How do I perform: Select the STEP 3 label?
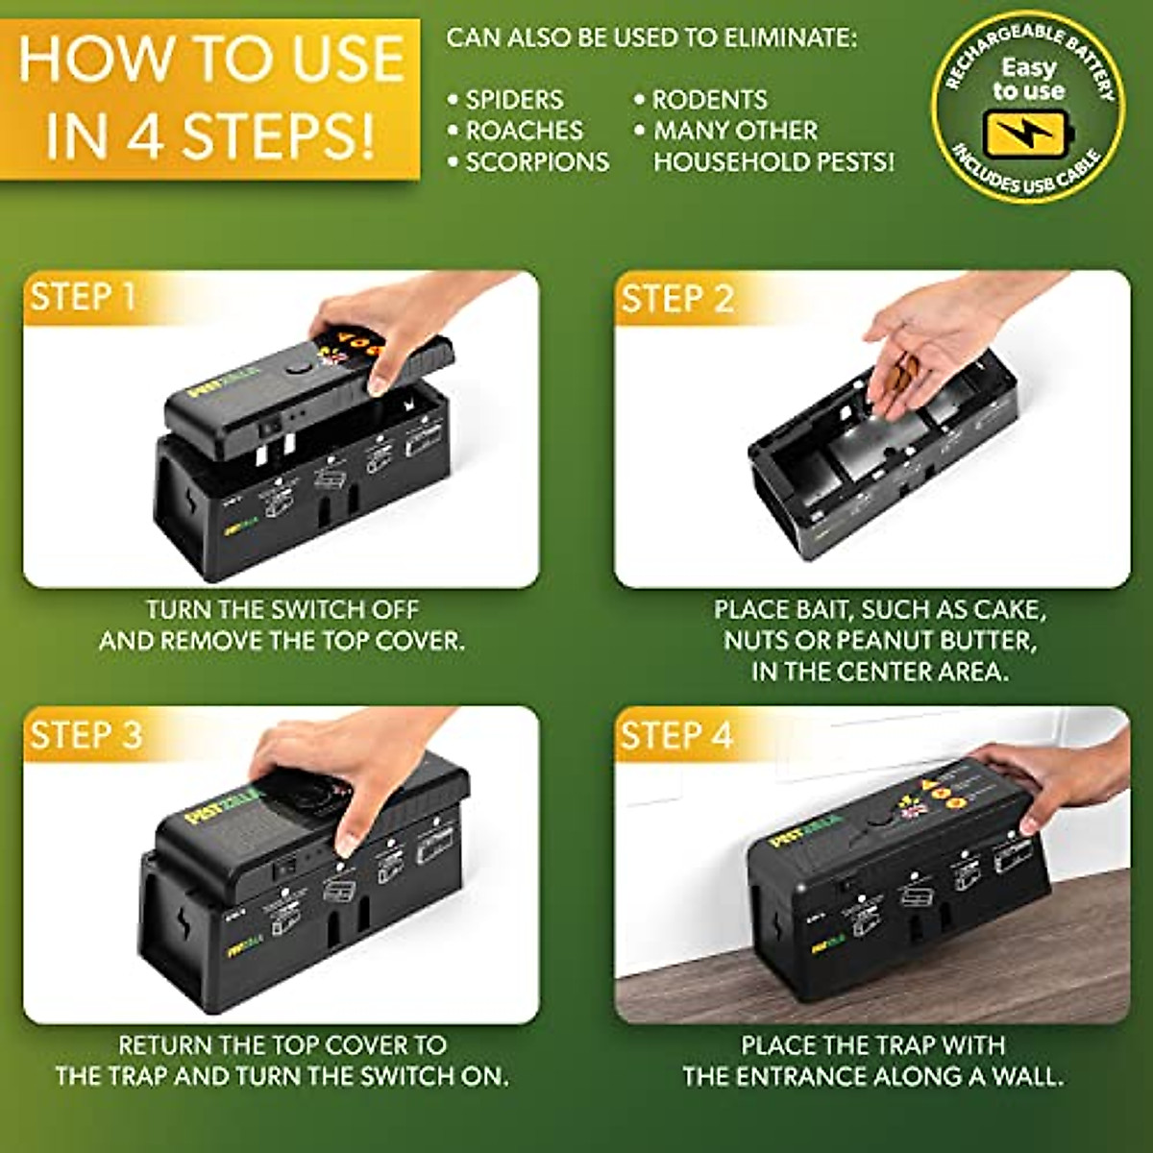86,734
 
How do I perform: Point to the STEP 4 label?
676,735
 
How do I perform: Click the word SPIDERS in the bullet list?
514,100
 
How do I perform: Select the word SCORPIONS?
537,161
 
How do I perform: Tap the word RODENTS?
710,100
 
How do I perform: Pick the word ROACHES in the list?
524,131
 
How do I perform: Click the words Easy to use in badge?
1028,80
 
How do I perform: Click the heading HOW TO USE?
211,58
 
